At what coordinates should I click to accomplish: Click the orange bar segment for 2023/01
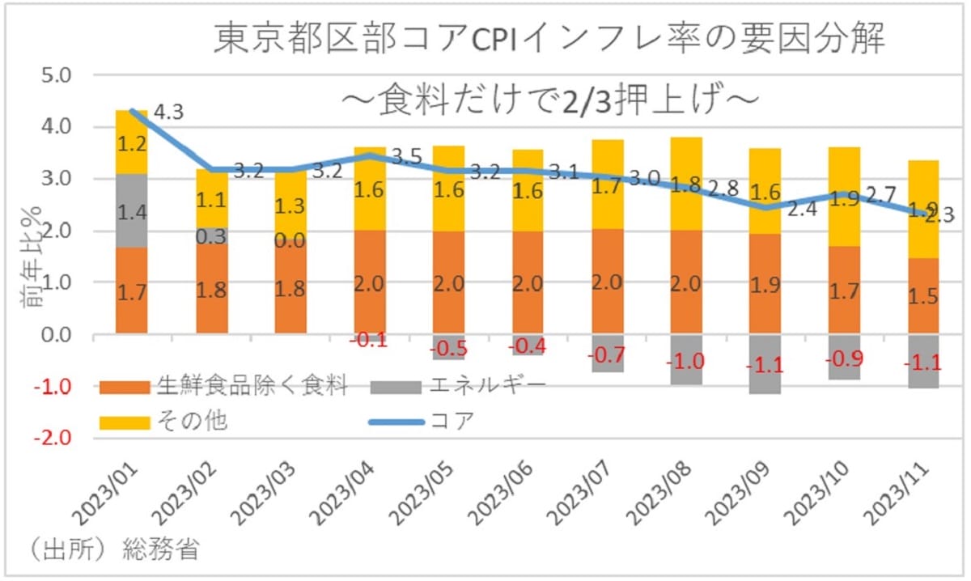pyautogui.click(x=131, y=290)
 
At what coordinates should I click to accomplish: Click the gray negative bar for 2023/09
pyautogui.click(x=765, y=364)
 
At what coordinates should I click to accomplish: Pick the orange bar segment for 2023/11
pyautogui.click(x=922, y=296)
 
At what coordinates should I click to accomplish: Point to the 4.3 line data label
pyautogui.click(x=167, y=111)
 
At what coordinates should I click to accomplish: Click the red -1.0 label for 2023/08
pyautogui.click(x=685, y=362)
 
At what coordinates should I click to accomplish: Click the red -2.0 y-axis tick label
pyautogui.click(x=53, y=439)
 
